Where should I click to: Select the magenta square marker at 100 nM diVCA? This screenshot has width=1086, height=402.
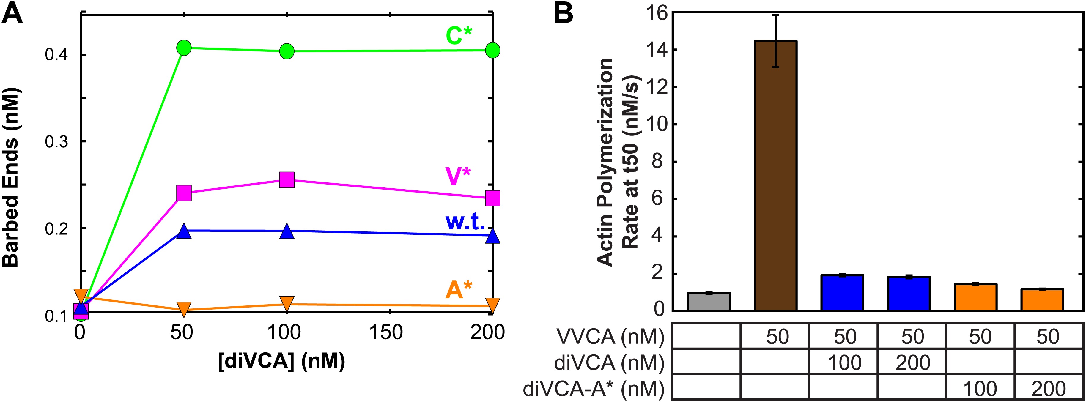tap(287, 180)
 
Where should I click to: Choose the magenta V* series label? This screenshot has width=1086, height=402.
tap(458, 176)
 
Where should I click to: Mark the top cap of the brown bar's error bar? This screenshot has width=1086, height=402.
tap(775, 15)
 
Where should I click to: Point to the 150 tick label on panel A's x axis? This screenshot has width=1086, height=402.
tap(386, 332)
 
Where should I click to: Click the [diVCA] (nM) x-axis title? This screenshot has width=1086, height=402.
tap(282, 361)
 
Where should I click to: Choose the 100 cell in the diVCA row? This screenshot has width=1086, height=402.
tap(844, 362)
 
